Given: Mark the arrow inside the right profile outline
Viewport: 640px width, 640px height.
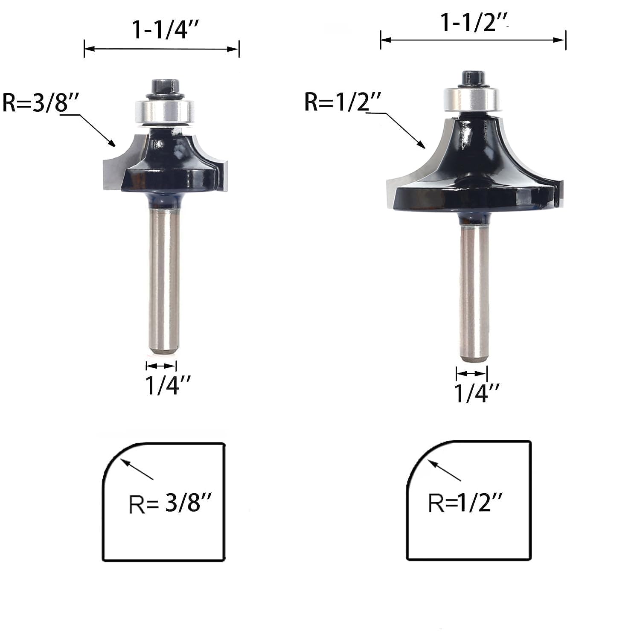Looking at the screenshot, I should pos(444,470).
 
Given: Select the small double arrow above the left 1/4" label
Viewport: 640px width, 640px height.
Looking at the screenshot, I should pos(161,366).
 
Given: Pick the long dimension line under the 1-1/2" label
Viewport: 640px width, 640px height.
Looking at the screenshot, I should pos(473,40).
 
